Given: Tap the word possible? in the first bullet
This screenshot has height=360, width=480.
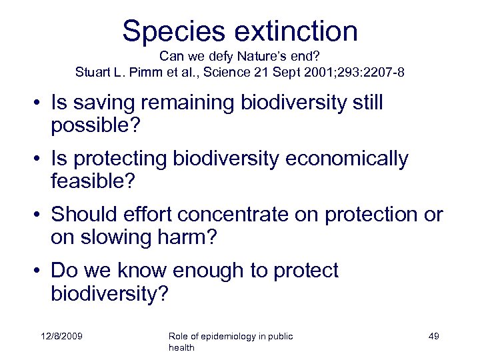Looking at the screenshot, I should click(91, 125).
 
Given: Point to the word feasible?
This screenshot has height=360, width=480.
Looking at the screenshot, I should click(91, 181).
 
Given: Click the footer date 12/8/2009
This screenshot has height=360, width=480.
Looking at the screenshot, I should click(60, 337).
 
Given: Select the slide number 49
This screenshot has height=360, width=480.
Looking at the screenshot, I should click(433, 337).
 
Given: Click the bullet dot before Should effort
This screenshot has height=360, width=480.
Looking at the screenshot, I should click(40, 215).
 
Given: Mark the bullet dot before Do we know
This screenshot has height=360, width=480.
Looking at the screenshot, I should click(40, 271).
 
